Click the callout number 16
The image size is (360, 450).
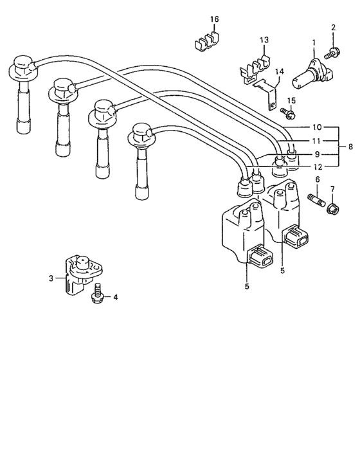[x=213, y=20]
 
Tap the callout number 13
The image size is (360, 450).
[x=264, y=40]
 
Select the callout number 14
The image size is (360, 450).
[x=279, y=72]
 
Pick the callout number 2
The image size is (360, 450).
[x=334, y=27]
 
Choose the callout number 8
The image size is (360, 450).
[x=350, y=147]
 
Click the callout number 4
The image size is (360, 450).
[x=116, y=298]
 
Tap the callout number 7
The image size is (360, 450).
[x=332, y=188]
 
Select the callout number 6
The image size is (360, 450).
[x=317, y=179]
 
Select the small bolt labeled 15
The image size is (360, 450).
[x=288, y=115]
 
